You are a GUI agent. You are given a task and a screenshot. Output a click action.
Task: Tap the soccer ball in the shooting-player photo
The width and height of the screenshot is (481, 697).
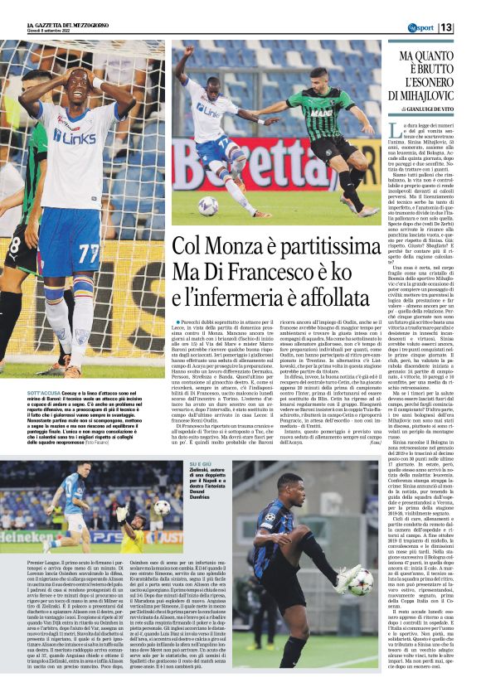(207, 206)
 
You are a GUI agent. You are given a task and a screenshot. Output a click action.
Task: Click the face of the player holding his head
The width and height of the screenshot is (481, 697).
(80, 86)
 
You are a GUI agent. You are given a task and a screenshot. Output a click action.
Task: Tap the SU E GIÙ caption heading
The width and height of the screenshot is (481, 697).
(202, 464)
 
